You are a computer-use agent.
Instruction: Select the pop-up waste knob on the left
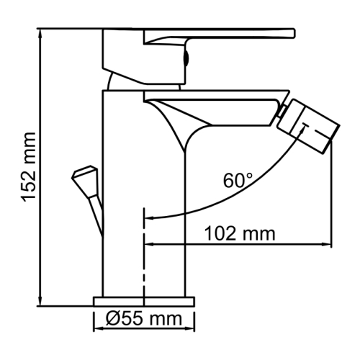point(84,176)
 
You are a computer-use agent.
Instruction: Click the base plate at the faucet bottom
point(144,300)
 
